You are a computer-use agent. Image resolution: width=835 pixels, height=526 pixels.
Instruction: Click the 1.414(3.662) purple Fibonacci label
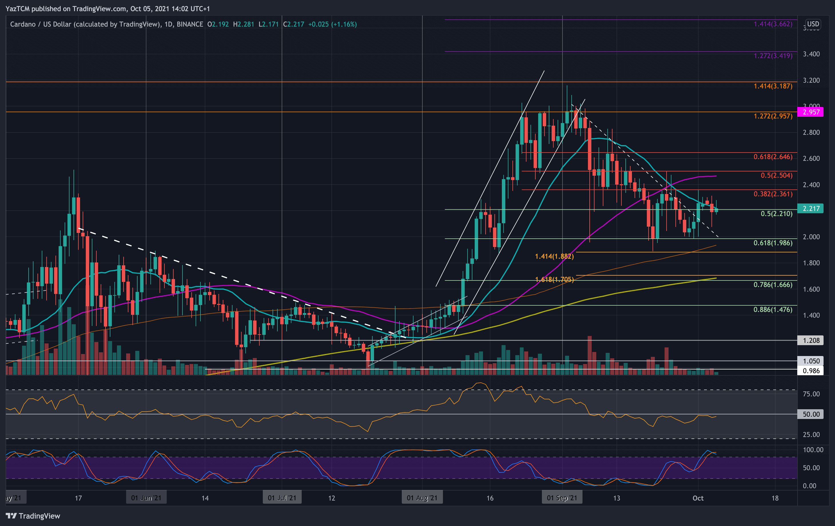[x=773, y=24]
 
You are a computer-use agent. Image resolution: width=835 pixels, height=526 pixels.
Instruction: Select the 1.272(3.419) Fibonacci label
[x=773, y=56]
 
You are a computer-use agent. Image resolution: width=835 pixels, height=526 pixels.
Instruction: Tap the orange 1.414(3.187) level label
[x=773, y=86]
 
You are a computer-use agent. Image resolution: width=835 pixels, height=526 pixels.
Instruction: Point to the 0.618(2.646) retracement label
[x=773, y=157]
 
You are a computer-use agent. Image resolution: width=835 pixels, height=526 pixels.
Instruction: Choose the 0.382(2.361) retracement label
[x=773, y=194]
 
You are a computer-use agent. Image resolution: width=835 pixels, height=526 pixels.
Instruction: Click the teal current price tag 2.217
[x=811, y=209]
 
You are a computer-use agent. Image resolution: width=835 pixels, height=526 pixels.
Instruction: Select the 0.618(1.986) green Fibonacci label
[x=773, y=243]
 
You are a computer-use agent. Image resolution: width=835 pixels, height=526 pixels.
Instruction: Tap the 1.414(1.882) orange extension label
[x=554, y=256]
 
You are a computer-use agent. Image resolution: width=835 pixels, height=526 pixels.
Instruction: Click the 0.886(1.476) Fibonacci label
[x=773, y=309]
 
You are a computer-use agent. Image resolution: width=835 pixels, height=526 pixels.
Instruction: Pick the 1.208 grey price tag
[x=811, y=340]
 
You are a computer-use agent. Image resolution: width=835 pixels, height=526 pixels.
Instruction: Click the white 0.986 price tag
[x=811, y=371]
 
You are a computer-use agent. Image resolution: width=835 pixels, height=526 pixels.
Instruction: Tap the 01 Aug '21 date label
[x=422, y=498]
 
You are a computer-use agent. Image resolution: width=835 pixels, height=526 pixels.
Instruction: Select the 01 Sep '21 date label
[x=562, y=498]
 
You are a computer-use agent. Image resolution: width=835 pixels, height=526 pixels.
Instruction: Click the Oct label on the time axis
[x=698, y=498]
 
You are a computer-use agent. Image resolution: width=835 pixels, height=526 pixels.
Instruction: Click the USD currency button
[x=813, y=24]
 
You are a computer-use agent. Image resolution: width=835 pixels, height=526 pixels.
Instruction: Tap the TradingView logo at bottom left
[x=33, y=516]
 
